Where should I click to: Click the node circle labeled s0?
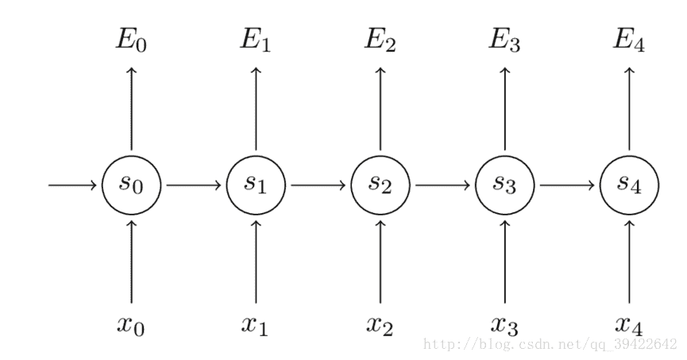(x=132, y=185)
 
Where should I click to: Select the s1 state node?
(x=256, y=185)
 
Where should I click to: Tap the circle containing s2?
(x=380, y=185)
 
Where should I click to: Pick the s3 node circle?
(x=505, y=185)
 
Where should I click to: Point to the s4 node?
(x=629, y=185)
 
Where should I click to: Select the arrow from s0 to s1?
(x=194, y=185)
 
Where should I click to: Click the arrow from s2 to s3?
(x=443, y=185)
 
